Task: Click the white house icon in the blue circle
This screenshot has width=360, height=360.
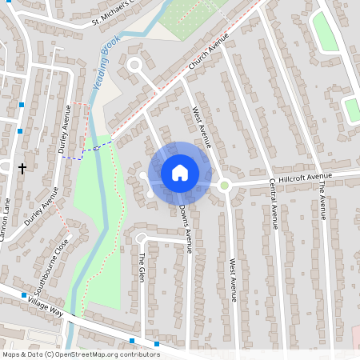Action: tap(180, 172)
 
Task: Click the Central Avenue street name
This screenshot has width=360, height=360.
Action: tap(273, 203)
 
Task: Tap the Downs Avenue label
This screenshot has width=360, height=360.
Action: tap(185, 229)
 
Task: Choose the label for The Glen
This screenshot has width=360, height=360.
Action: tap(142, 266)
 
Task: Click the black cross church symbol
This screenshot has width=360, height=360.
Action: tap(22, 168)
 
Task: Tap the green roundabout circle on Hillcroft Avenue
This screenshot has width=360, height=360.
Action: tap(225, 186)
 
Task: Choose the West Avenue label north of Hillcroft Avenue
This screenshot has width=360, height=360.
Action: tap(200, 126)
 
